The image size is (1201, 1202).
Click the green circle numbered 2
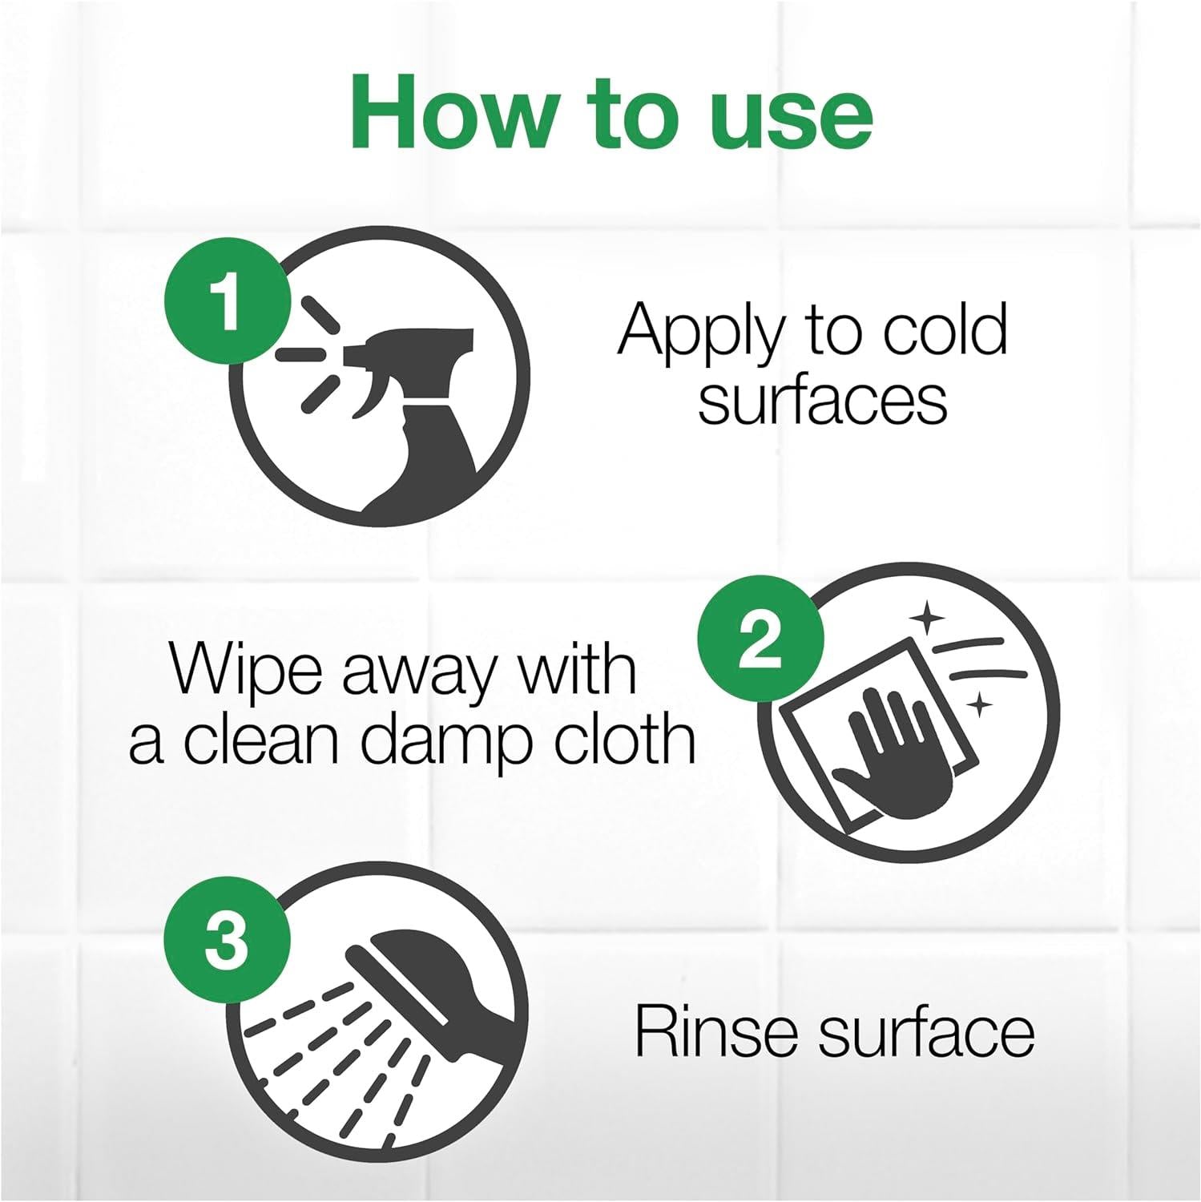pos(760,639)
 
